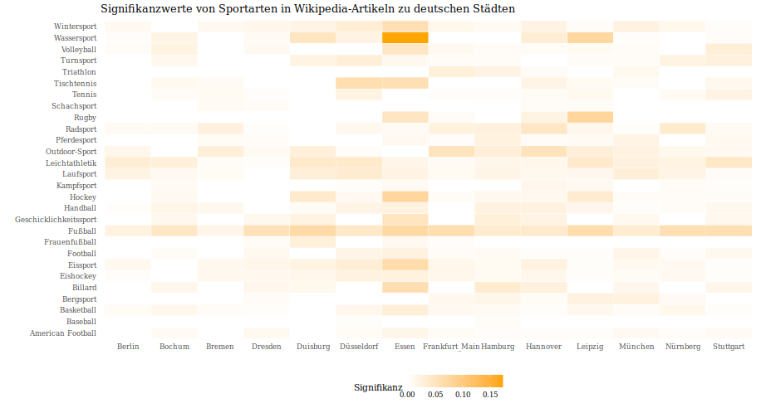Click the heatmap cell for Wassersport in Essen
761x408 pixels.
[405, 37]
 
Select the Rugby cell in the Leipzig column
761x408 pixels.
[590, 117]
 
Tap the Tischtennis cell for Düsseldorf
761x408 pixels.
[359, 83]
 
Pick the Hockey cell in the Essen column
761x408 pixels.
[405, 197]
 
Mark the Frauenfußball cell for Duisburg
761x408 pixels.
[313, 241]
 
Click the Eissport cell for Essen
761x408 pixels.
[405, 265]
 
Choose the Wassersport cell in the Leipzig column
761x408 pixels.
[590, 37]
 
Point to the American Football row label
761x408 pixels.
[63, 333]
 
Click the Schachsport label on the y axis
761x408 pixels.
[74, 106]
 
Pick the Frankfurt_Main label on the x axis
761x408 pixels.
[451, 346]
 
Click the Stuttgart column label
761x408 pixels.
[729, 346]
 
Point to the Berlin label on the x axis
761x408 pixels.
[128, 346]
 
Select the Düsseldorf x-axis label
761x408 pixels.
[359, 346]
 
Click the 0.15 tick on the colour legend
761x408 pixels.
[489, 395]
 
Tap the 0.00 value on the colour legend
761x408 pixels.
[407, 395]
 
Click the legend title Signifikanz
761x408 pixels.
[378, 387]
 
